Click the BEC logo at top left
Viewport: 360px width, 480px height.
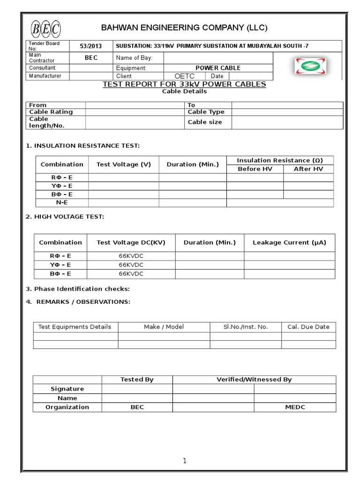(x=45, y=29)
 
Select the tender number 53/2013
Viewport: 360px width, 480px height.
(x=90, y=46)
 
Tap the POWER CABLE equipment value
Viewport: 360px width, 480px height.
(x=217, y=68)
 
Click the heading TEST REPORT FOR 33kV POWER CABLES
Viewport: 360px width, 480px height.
(x=184, y=84)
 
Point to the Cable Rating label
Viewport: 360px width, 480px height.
(x=51, y=112)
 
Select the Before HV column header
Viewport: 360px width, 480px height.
(x=255, y=169)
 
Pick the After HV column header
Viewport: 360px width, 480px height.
(x=308, y=169)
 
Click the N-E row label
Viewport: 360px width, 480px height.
(x=62, y=202)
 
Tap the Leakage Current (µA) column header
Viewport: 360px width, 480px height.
(x=289, y=242)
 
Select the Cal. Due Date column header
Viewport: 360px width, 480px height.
(x=308, y=327)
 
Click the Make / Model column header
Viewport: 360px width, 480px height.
(x=164, y=327)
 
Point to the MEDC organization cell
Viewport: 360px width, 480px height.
(x=295, y=407)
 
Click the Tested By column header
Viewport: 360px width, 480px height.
(x=137, y=380)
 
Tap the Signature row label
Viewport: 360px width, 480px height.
(x=67, y=389)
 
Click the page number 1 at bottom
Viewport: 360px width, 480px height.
(x=185, y=461)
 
